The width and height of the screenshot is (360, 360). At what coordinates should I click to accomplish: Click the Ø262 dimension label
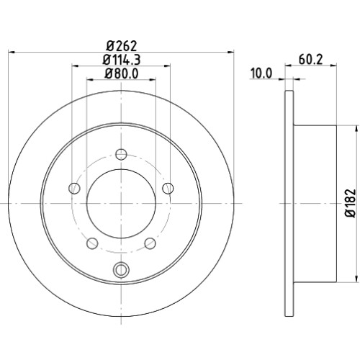coord(122,45)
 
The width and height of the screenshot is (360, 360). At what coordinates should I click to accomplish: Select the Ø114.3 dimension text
coord(122,60)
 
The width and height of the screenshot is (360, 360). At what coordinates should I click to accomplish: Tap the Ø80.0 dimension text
coord(122,73)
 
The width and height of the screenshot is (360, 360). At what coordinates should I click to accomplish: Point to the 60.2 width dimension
coord(311,60)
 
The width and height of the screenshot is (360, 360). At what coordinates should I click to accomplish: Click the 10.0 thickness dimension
coord(261,73)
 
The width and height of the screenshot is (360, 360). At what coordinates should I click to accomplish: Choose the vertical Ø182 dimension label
coord(351,203)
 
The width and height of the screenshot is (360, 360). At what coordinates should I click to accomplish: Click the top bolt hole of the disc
coord(121,154)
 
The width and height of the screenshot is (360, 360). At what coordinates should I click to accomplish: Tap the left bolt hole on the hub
coord(74,188)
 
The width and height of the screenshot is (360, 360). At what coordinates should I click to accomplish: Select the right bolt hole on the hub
coord(168,188)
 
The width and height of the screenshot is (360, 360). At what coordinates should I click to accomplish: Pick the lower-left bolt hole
coord(92,243)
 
